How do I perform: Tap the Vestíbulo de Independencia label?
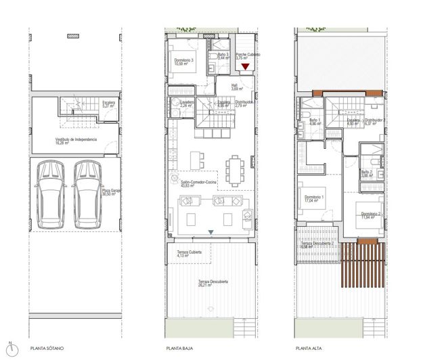76,141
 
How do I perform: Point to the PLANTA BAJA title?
179,350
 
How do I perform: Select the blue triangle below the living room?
211,233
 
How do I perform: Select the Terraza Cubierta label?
181,254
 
